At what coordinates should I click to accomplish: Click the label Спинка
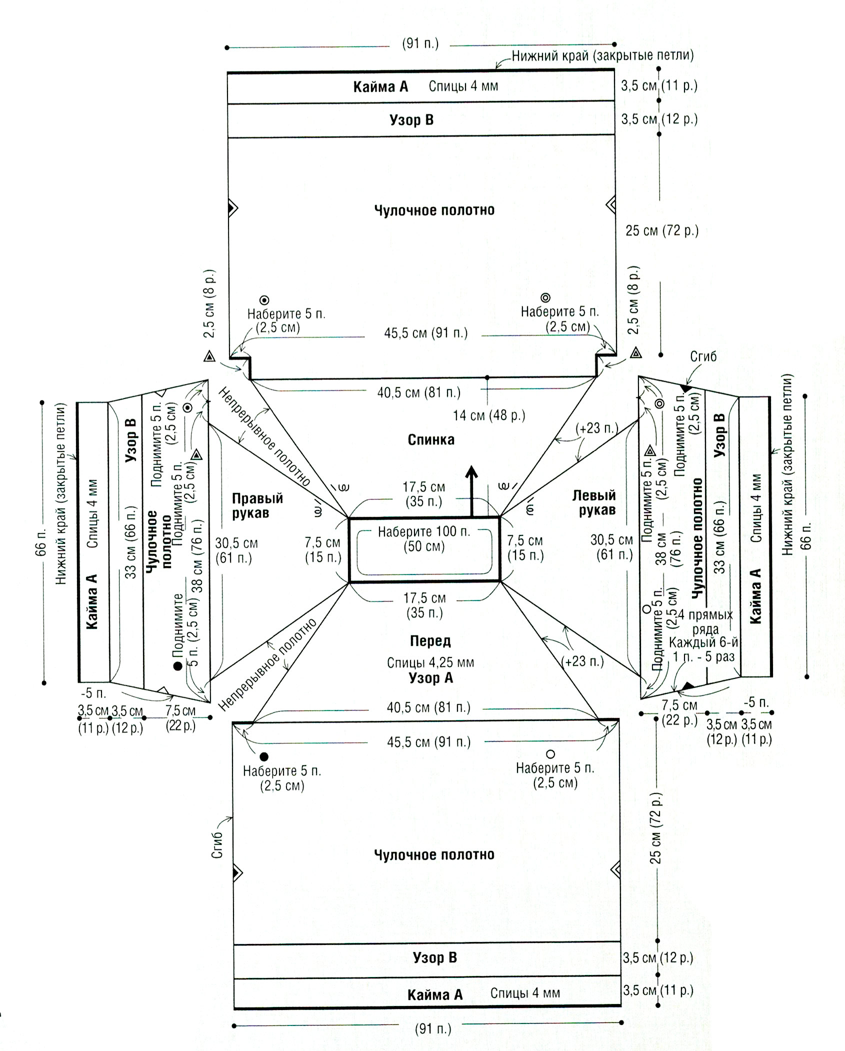pyautogui.click(x=431, y=440)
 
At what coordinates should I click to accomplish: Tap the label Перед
pyautogui.click(x=430, y=640)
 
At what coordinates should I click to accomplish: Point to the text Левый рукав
pyautogui.click(x=594, y=503)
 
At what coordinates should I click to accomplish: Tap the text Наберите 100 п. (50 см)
pyautogui.click(x=424, y=539)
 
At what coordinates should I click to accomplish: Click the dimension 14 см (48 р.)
pyautogui.click(x=489, y=415)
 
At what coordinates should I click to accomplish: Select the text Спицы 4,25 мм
pyautogui.click(x=430, y=663)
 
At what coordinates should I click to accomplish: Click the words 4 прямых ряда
pyautogui.click(x=705, y=621)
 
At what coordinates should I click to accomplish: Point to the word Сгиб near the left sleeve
pyautogui.click(x=703, y=356)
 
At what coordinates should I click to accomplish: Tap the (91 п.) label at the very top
pyautogui.click(x=420, y=43)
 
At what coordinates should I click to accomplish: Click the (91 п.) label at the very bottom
pyautogui.click(x=433, y=1029)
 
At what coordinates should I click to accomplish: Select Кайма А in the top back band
pyautogui.click(x=380, y=87)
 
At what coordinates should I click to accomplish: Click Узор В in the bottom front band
pyautogui.click(x=434, y=957)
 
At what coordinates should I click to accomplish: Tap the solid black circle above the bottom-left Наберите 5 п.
pyautogui.click(x=264, y=757)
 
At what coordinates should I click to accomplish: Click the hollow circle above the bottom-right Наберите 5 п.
pyautogui.click(x=550, y=754)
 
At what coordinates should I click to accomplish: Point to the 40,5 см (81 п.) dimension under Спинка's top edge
pyautogui.click(x=419, y=392)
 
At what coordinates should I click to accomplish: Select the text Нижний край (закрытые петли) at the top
pyautogui.click(x=602, y=55)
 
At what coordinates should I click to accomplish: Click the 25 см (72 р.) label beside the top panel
pyautogui.click(x=662, y=231)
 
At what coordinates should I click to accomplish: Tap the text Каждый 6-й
pyautogui.click(x=703, y=643)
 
